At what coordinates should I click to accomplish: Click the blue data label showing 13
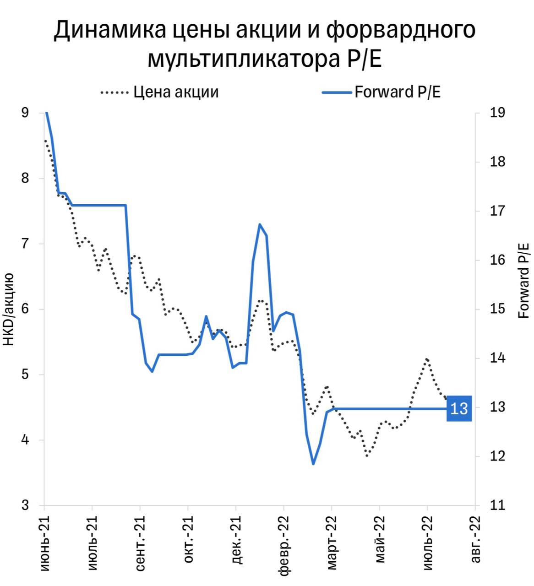click(x=459, y=408)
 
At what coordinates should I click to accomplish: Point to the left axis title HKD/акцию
click(x=9, y=309)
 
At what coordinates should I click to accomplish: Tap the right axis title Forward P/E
click(x=523, y=281)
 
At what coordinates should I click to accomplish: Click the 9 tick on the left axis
click(x=25, y=113)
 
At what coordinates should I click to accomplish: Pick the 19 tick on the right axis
click(x=497, y=113)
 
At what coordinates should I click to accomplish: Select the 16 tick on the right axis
click(x=497, y=260)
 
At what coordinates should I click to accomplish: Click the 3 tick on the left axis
click(x=25, y=506)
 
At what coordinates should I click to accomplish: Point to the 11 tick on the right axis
click(x=497, y=506)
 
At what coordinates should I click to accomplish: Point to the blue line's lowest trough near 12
click(x=313, y=464)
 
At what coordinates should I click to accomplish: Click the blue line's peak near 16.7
click(x=260, y=224)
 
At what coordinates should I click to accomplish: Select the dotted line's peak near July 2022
click(x=427, y=359)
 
